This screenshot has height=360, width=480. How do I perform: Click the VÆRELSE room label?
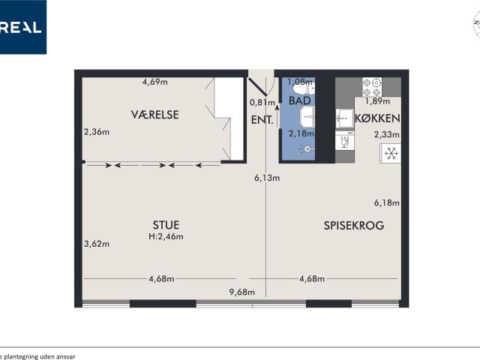click(x=155, y=115)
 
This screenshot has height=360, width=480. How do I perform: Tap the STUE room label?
click(x=166, y=225)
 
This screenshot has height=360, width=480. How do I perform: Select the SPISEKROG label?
click(x=354, y=226)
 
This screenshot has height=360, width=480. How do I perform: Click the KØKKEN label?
click(x=377, y=118)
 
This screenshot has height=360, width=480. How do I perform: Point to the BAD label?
click(x=300, y=100)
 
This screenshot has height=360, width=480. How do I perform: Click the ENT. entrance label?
click(x=262, y=120)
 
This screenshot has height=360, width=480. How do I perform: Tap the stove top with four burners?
click(x=372, y=87)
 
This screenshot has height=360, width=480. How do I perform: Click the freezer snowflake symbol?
click(x=391, y=153)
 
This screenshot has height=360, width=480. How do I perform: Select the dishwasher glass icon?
click(x=345, y=142)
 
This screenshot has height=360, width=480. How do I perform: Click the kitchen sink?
click(x=345, y=118)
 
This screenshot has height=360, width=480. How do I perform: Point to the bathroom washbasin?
click(x=307, y=117)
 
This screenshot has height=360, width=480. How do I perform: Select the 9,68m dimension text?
click(x=241, y=292)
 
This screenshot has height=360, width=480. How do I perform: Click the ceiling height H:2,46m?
click(x=166, y=236)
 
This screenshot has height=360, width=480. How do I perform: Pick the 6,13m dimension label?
click(x=267, y=178)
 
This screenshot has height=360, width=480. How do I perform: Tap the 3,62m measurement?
click(x=97, y=244)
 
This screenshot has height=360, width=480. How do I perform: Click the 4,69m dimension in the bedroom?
click(x=155, y=82)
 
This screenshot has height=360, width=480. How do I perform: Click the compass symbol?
click(x=477, y=24)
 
